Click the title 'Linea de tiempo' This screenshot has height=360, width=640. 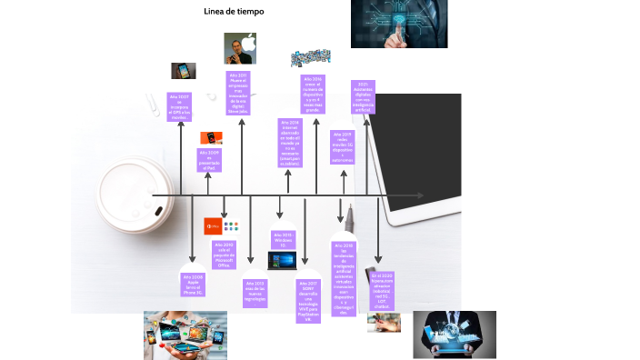tap(234, 13)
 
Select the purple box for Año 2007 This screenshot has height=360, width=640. tap(180, 106)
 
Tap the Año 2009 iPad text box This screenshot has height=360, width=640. tap(209, 160)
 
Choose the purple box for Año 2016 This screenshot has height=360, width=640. tap(312, 95)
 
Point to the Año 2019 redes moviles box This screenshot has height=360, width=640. tap(344, 147)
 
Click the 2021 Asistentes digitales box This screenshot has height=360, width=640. tap(363, 98)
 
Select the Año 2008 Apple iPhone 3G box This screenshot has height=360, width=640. tap(193, 284)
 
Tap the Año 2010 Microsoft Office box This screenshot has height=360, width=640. tap(225, 255)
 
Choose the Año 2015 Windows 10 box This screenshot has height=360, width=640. tap(282, 240)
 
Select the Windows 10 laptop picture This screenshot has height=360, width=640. tap(282, 260)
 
